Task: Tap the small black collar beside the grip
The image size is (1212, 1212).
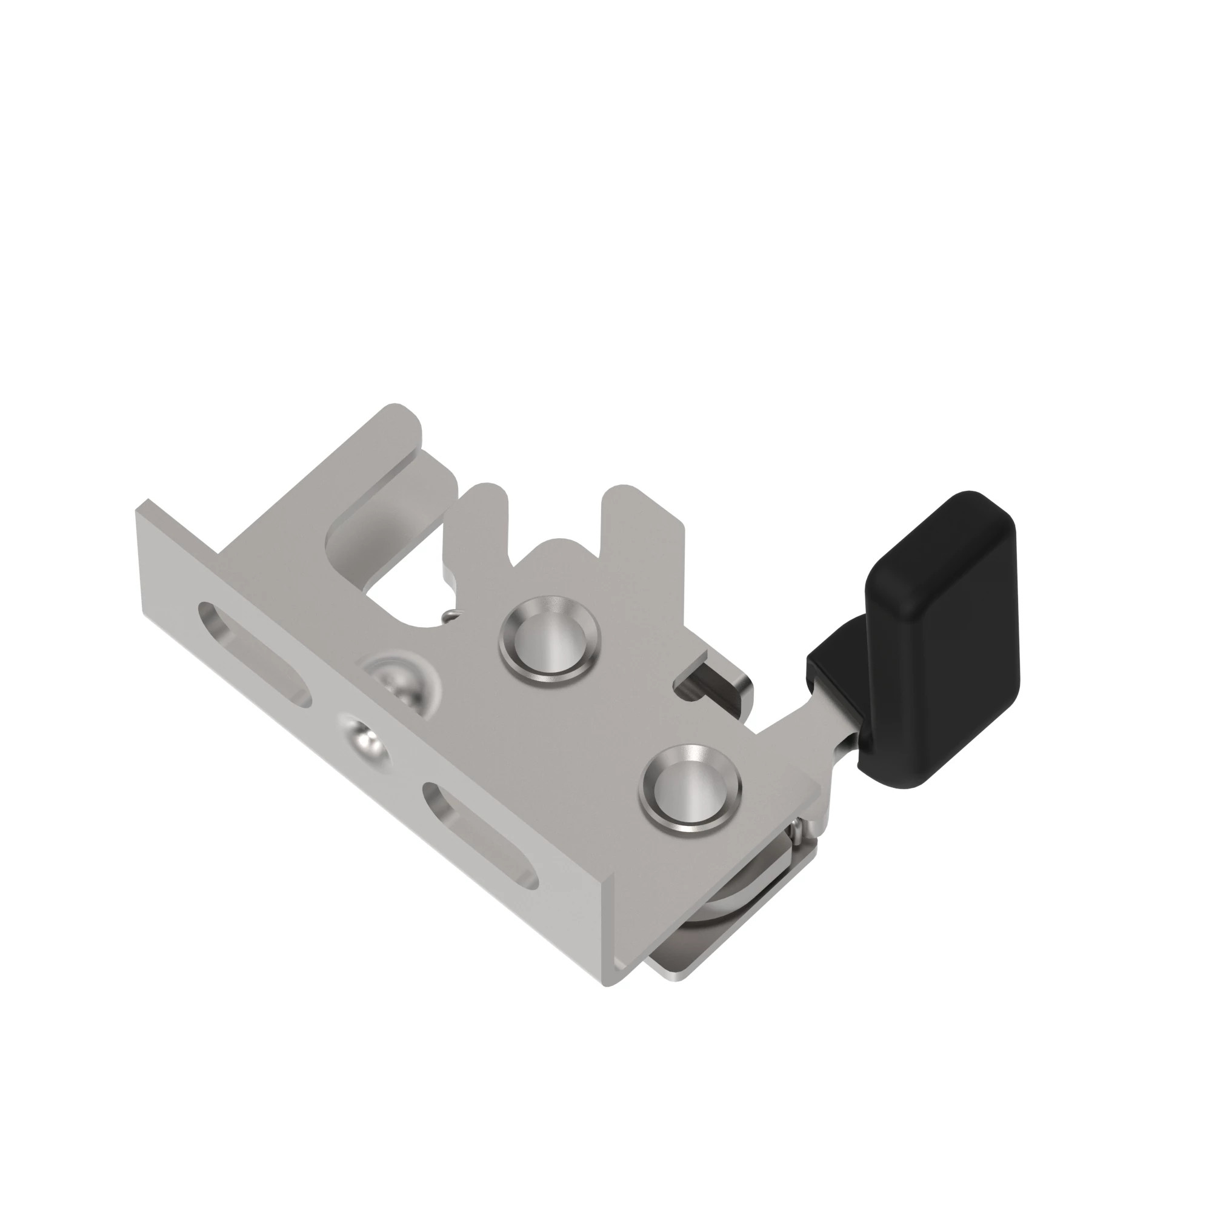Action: (834, 671)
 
